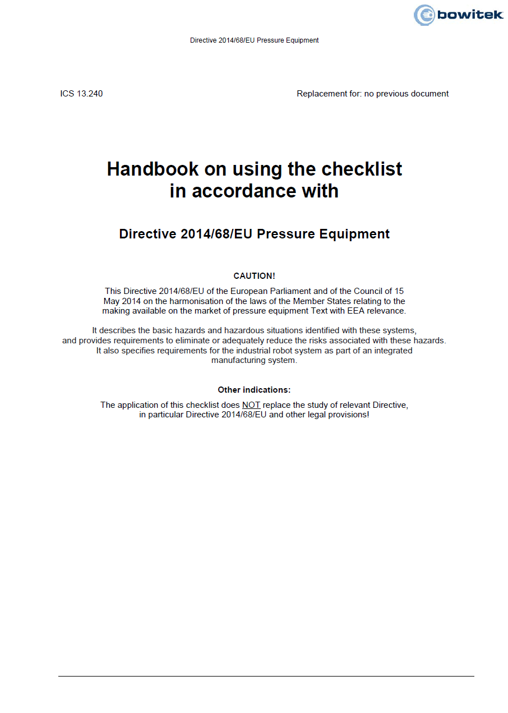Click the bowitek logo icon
pos(424,15)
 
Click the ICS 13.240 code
pos(81,94)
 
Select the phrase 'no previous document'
pos(407,94)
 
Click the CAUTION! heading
pos(254,276)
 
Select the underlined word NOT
pos(251,405)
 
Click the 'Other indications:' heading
pos(254,390)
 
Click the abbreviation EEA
pos(344,311)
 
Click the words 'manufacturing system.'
pos(254,360)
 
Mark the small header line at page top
pos(254,40)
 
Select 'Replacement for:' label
pos(329,94)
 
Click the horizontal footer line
pos(266,676)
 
